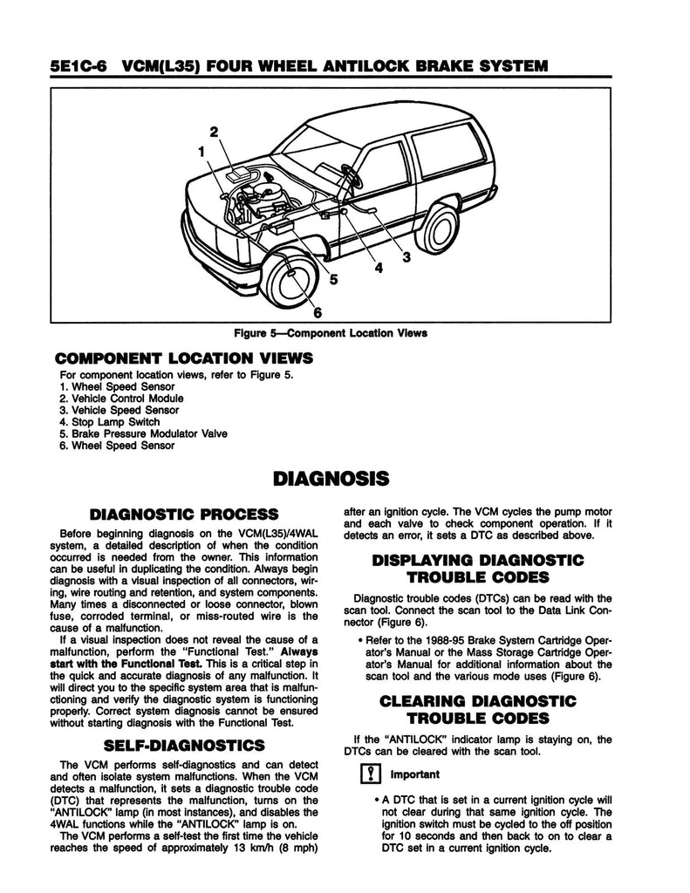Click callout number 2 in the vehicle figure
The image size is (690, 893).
click(212, 132)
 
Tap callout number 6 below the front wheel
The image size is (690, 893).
click(318, 312)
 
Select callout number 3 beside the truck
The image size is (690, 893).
click(406, 256)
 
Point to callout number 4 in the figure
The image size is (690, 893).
click(378, 269)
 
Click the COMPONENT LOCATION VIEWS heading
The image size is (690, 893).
click(184, 358)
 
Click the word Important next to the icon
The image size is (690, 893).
click(414, 774)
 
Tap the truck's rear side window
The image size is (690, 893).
click(446, 151)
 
